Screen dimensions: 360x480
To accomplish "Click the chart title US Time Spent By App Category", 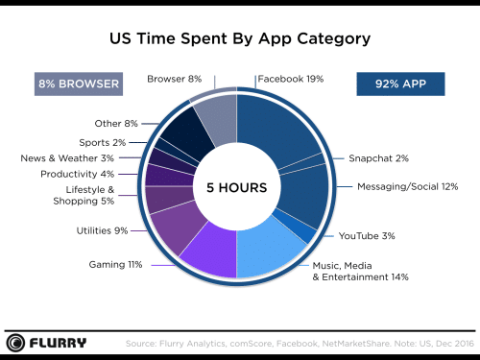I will click(239, 39).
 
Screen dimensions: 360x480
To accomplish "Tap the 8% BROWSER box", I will click(78, 84).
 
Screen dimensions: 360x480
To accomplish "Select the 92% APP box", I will click(401, 84).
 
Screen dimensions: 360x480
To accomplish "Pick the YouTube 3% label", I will click(364, 235).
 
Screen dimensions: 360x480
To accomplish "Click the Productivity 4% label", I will click(77, 174).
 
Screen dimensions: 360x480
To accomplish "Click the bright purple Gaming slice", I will click(205, 254).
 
